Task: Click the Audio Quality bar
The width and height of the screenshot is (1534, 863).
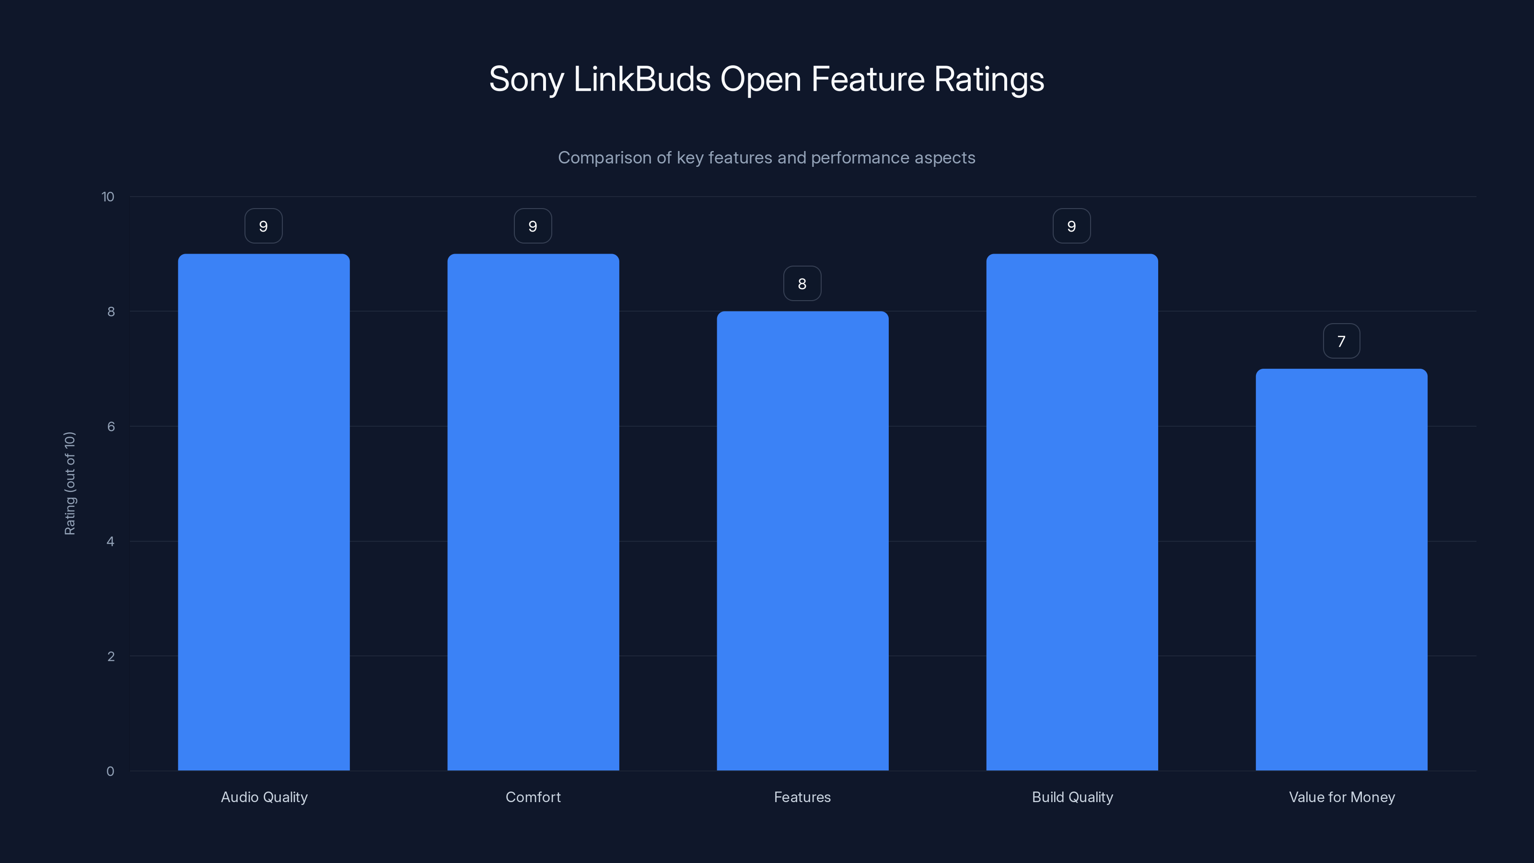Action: pos(264,512)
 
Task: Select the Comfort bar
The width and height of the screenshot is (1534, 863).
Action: pos(533,512)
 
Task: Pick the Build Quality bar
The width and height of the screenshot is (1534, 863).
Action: pos(1072,512)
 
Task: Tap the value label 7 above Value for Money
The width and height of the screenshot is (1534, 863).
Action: pos(1341,341)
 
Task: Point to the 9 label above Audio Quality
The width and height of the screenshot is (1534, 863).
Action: pos(263,226)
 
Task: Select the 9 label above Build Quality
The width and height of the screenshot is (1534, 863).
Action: pos(1071,226)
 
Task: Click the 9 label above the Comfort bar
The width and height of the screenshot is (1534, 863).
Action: pos(533,226)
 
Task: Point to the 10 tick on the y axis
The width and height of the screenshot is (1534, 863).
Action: pos(108,197)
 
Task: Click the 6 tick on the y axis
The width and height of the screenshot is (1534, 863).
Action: pos(111,426)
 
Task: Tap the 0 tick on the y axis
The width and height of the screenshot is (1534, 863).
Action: pos(110,771)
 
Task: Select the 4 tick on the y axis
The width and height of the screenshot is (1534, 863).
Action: pos(110,541)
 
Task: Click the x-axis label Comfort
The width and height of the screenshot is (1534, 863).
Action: pos(533,797)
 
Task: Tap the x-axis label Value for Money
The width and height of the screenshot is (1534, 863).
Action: pos(1342,797)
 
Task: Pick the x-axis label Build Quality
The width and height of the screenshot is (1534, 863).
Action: pos(1072,797)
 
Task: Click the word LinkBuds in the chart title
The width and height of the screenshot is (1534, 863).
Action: pos(641,79)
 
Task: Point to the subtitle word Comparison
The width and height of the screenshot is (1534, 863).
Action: pos(604,158)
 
